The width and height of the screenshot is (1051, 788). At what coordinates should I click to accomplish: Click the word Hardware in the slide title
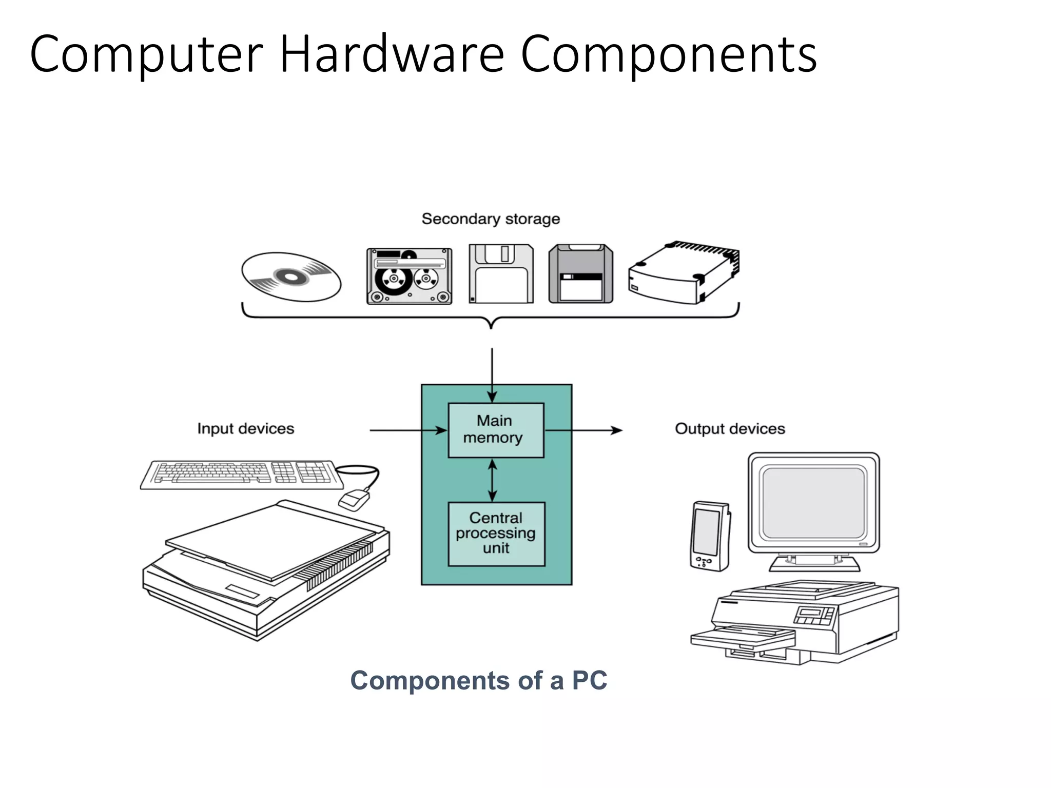point(392,54)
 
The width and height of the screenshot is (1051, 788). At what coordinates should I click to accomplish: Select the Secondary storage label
point(491,219)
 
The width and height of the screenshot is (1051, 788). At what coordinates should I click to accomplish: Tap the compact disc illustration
point(291,277)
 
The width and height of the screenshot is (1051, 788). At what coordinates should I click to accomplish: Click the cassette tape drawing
point(410,277)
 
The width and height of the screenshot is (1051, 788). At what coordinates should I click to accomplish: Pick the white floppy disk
point(501,274)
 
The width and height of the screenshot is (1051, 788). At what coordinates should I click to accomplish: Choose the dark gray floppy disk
point(580,274)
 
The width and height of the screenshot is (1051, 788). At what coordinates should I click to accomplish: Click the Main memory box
point(496,430)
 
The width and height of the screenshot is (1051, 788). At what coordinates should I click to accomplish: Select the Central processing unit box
point(496,534)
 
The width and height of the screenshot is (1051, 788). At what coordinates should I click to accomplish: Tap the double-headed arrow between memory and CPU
point(492,480)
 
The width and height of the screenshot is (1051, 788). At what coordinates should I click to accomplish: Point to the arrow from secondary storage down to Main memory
point(492,375)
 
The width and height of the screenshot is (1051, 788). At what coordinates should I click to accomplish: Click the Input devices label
point(246,428)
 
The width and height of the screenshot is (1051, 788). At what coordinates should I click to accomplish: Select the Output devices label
point(730,428)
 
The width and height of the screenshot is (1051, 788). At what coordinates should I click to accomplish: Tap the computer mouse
point(354,499)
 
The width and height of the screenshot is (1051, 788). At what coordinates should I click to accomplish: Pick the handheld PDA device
point(710,536)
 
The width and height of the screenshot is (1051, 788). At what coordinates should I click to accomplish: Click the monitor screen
point(813,502)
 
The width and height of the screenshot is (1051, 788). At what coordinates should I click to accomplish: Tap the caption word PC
point(589,681)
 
